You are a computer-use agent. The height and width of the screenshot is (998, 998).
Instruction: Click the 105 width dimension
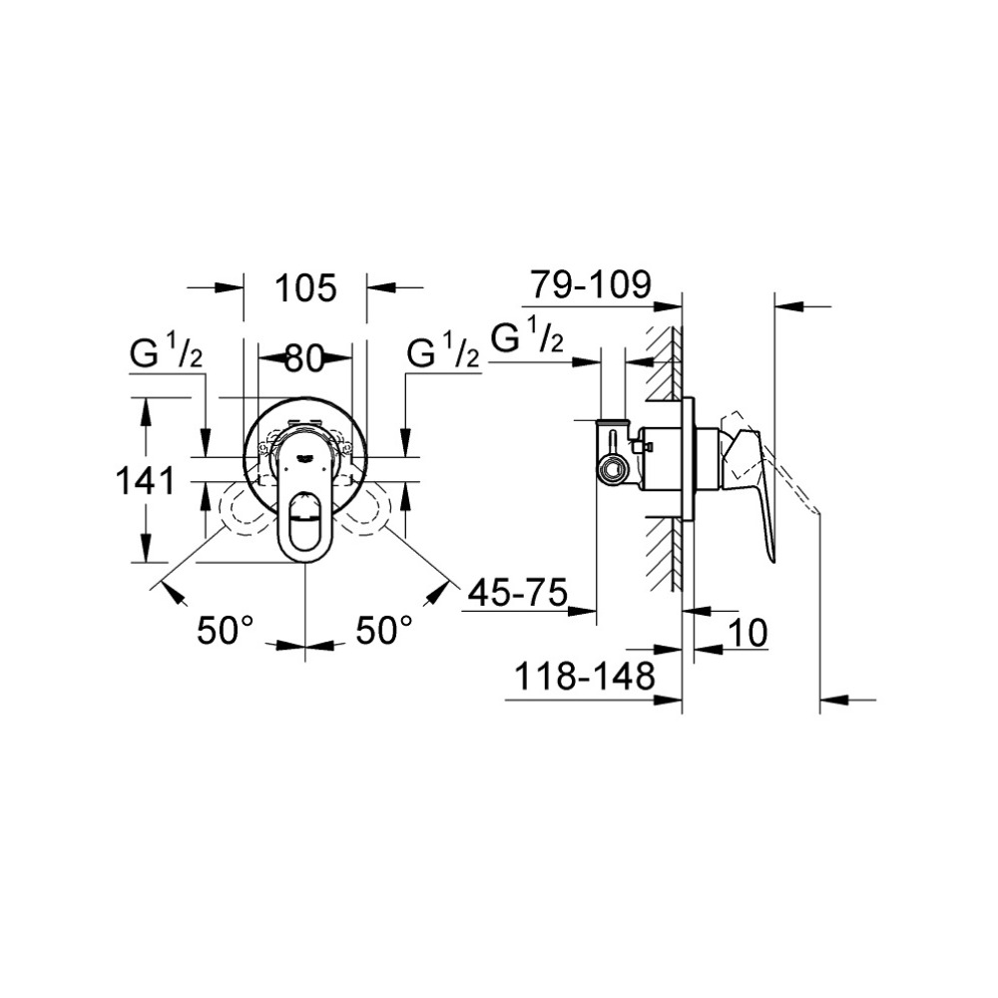(x=304, y=288)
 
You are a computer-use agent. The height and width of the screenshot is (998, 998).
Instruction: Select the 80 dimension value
(x=304, y=358)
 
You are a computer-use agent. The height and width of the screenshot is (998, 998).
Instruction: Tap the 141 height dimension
(x=146, y=480)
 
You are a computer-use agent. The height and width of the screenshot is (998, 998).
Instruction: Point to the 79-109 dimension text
(x=591, y=284)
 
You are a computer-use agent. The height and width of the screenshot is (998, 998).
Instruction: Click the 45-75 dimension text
(x=517, y=594)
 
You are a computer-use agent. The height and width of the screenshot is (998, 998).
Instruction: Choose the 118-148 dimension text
(x=584, y=676)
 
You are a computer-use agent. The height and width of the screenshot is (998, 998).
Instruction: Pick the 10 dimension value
(x=748, y=633)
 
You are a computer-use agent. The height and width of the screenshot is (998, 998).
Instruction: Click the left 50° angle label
(x=226, y=631)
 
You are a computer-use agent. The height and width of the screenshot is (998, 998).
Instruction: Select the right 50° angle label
(x=384, y=631)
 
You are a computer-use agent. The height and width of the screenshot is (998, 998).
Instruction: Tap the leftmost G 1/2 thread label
(x=166, y=353)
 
